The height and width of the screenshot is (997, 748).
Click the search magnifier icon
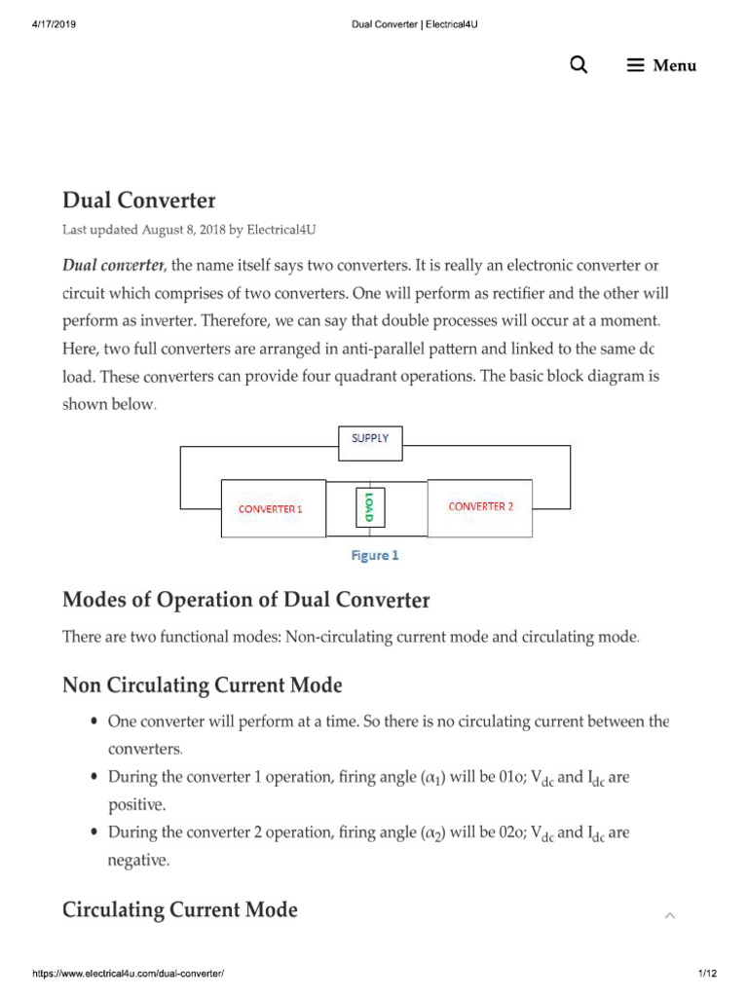click(x=579, y=65)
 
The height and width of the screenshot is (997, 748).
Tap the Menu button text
click(x=674, y=66)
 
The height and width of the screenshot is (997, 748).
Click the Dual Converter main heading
click(x=138, y=201)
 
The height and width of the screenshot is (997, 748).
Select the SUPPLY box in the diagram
click(x=369, y=439)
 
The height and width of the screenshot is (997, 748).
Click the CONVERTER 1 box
click(x=273, y=508)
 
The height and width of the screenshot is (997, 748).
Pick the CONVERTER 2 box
click(x=480, y=506)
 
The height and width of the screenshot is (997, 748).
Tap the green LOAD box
click(x=368, y=507)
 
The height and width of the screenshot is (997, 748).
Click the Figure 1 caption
click(x=375, y=556)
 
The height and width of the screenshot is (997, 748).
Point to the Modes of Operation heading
click(x=245, y=599)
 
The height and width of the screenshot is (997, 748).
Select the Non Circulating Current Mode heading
click(x=202, y=685)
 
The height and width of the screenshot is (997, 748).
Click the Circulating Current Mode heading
click(x=180, y=909)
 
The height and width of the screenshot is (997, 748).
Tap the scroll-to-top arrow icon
click(x=669, y=915)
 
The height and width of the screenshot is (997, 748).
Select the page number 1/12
click(x=707, y=974)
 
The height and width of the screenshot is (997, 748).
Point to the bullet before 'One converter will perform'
click(x=93, y=722)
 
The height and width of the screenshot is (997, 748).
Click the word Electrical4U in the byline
click(x=281, y=231)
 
